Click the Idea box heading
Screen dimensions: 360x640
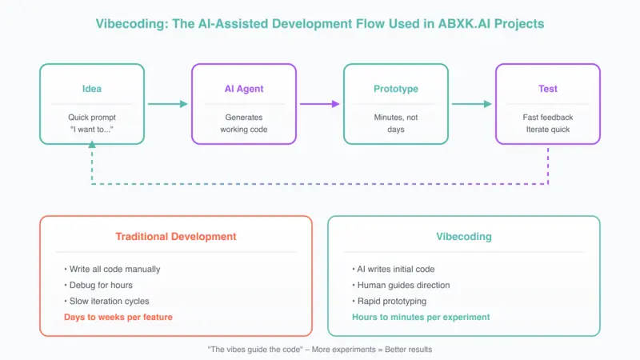pos(92,89)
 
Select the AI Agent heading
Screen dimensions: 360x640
pos(244,89)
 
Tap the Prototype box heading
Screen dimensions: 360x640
pos(396,89)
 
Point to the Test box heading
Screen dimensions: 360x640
pos(548,89)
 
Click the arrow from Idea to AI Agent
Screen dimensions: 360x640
pos(167,104)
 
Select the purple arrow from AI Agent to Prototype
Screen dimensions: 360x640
pos(319,104)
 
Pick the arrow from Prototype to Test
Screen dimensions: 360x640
pos(471,104)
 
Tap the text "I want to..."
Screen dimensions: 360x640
pos(92,129)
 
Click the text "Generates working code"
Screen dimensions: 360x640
pos(244,122)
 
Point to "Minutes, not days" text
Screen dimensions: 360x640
pos(396,122)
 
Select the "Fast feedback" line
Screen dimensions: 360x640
pos(548,117)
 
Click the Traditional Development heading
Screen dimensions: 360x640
pos(176,238)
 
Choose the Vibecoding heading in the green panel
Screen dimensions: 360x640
pos(463,238)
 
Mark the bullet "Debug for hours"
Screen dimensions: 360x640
pos(100,286)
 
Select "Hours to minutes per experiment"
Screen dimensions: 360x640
pos(421,317)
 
